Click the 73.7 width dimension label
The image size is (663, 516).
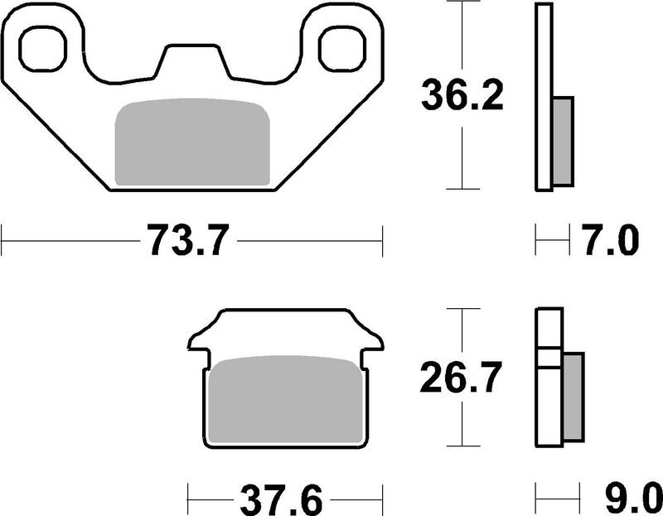click(x=189, y=240)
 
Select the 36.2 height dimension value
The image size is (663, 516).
click(x=462, y=95)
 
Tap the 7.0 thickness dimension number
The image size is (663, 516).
click(x=611, y=240)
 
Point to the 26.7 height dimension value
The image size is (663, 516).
click(x=462, y=377)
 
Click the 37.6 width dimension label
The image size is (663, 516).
click(x=281, y=500)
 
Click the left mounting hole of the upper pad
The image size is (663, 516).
click(x=43, y=48)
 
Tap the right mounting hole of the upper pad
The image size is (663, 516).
click(x=342, y=48)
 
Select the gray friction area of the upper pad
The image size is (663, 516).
click(x=192, y=142)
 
